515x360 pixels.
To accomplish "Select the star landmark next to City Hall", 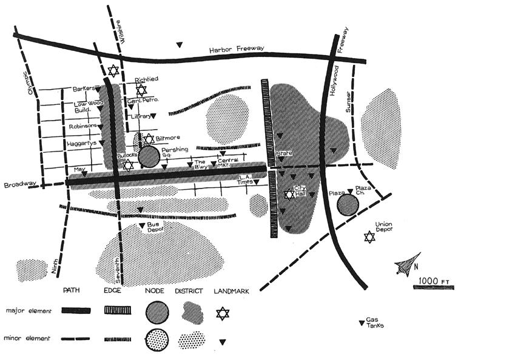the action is click(289, 195).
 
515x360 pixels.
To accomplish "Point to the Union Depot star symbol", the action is click(369, 237).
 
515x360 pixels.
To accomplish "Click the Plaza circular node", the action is click(348, 205).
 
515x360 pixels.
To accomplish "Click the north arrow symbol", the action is click(405, 265).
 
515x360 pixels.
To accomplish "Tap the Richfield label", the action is click(146, 79).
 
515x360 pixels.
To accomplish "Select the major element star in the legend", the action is click(223, 313).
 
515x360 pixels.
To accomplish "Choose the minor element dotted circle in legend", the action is click(157, 339).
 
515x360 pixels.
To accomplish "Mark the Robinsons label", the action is click(83, 127).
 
